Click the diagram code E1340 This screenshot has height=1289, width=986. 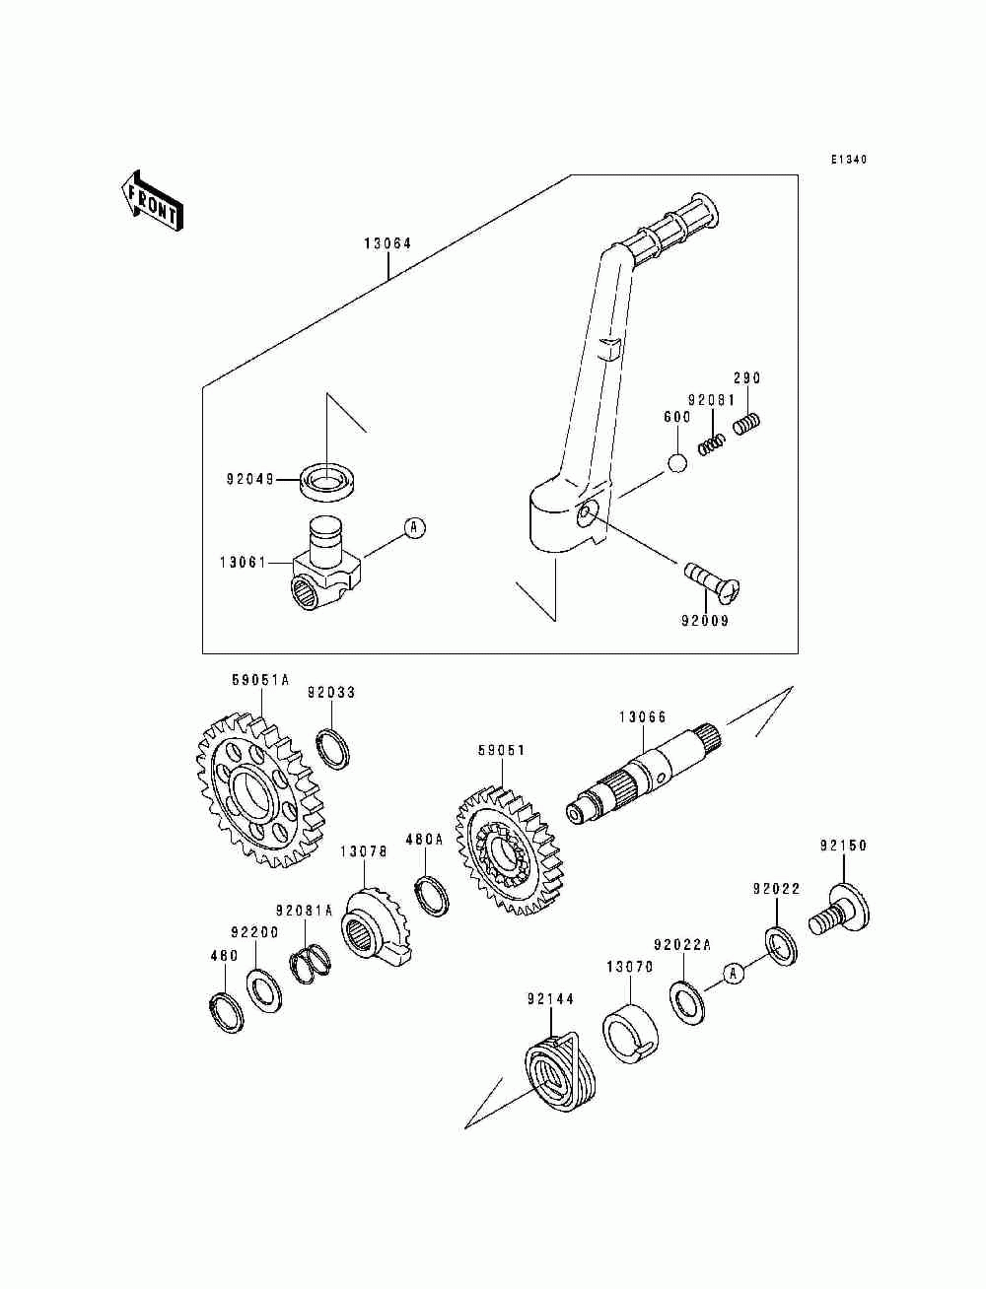pos(848,160)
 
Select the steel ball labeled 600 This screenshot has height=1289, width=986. pos(676,462)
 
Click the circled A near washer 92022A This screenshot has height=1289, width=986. pos(732,974)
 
